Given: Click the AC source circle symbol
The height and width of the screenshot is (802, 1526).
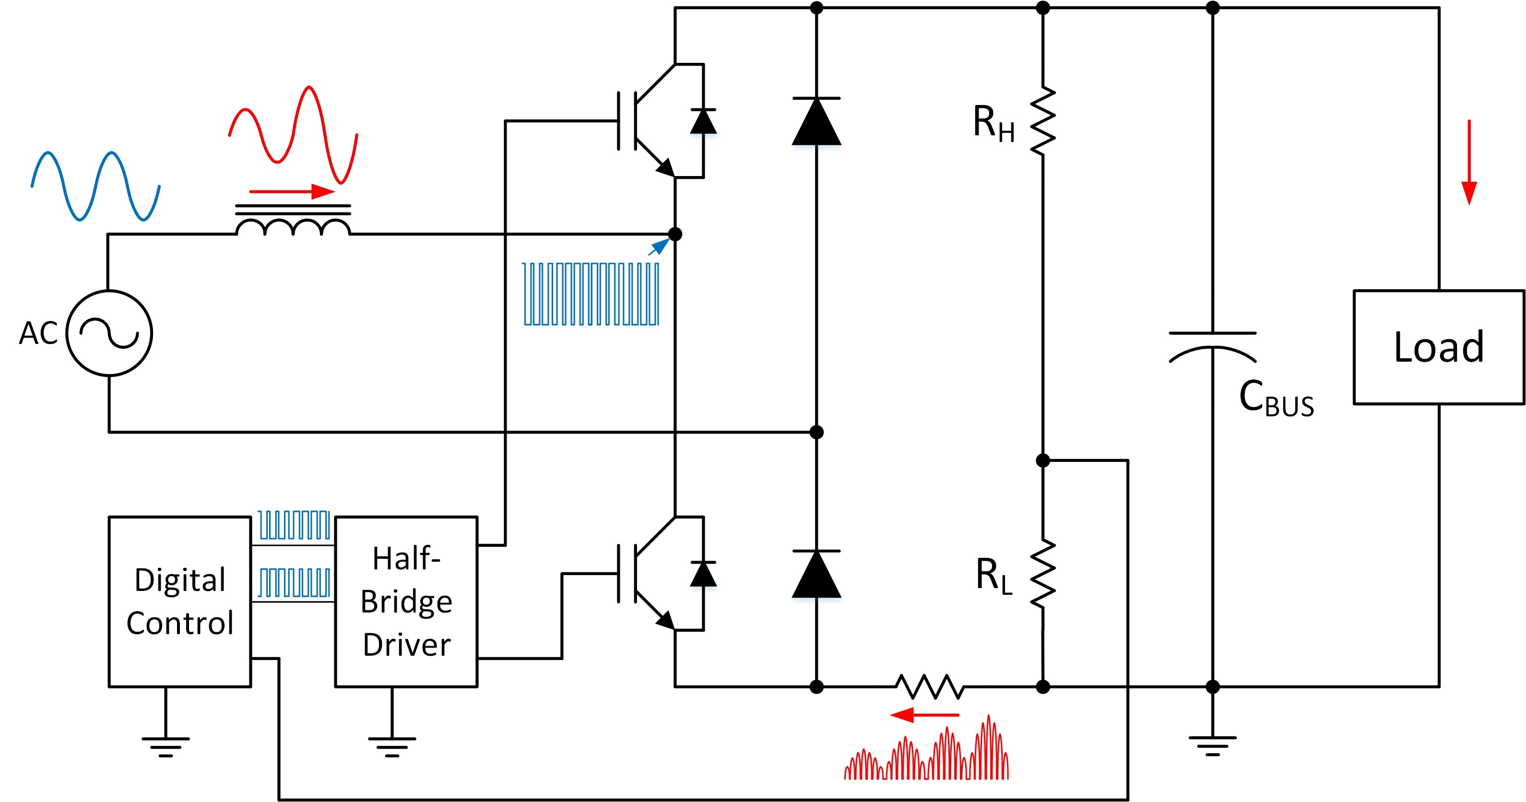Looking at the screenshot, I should [109, 333].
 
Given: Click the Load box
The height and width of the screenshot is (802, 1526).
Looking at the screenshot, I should [1438, 347].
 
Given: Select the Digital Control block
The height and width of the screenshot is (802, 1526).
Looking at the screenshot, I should [179, 601].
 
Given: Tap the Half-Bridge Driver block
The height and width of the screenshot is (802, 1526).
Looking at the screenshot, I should [406, 601].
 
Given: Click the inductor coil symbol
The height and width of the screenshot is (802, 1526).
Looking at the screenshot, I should [293, 226].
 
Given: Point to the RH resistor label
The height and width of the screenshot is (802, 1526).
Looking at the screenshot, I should [994, 123].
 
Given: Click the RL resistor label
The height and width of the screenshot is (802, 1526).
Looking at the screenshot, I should [994, 575].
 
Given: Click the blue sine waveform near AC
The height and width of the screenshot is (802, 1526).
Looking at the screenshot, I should [95, 186].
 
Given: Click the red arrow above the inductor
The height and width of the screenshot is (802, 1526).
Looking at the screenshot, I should [292, 191].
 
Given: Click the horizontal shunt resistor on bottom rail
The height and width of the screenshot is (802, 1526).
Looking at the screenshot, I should [929, 687].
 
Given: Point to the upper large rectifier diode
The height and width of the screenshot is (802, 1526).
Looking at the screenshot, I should [816, 121].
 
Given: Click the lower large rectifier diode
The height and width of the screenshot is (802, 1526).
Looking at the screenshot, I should [816, 574].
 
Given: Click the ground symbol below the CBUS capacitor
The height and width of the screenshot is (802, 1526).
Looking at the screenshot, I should [1212, 744].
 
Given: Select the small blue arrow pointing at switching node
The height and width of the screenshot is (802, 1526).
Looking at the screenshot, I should [659, 247].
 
